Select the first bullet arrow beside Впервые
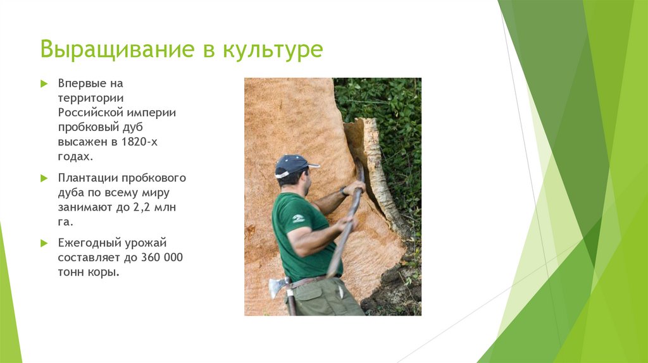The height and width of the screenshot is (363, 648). point(44,83)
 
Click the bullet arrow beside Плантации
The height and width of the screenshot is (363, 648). point(44,178)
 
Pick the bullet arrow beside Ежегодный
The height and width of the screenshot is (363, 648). point(44,243)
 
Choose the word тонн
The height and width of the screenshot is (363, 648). point(72,273)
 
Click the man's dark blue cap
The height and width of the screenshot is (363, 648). point(292,164)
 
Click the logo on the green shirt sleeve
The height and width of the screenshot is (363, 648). point(298,218)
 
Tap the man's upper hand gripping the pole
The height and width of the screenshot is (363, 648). point(354,188)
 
